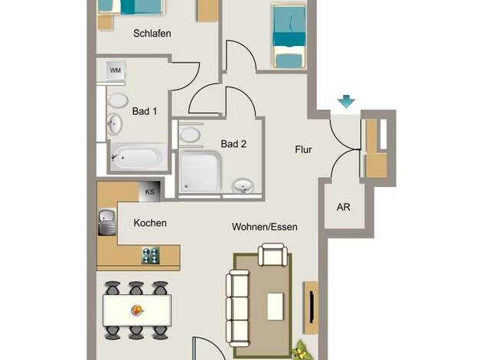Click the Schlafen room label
(x=152, y=34)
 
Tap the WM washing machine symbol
(x=116, y=70)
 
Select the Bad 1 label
(x=145, y=111)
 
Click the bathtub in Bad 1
(x=136, y=158)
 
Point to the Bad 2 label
(x=233, y=144)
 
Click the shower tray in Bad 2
(x=200, y=172)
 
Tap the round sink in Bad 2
(x=243, y=185)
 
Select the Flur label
(x=303, y=149)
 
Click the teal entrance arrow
(x=346, y=101)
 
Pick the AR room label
(x=344, y=207)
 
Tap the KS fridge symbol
(x=150, y=191)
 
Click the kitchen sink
(x=107, y=222)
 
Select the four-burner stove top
(x=151, y=255)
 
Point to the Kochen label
(x=150, y=223)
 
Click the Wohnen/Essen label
(x=265, y=227)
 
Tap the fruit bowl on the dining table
(x=138, y=310)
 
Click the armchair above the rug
(x=273, y=254)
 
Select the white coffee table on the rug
(x=275, y=306)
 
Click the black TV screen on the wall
(x=312, y=307)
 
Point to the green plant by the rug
(x=303, y=351)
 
